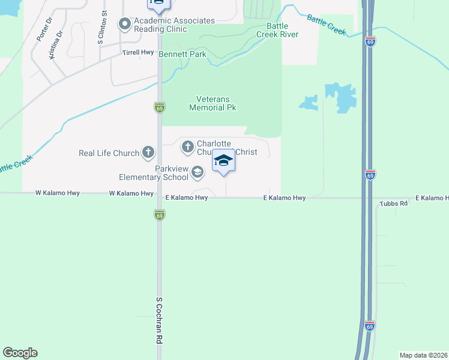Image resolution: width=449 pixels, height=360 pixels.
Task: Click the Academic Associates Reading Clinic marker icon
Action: coord(125,25)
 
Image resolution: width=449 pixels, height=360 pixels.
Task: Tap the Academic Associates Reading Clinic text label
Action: coord(174,25)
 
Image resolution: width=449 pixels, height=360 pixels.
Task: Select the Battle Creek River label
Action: coord(277,30)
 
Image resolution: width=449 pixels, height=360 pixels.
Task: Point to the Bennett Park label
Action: coord(182,54)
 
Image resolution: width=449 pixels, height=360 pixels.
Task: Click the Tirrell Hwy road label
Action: coord(138,53)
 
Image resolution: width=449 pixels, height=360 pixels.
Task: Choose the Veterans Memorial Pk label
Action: coord(213,103)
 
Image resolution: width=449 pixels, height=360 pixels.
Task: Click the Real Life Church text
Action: coord(109,153)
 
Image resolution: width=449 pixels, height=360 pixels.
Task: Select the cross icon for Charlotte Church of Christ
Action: coord(187,146)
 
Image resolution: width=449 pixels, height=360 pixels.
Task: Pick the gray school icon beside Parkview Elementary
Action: coord(197,173)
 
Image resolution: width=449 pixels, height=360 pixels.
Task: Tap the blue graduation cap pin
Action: coord(223,161)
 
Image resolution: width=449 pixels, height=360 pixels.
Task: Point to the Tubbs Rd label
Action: coord(394,204)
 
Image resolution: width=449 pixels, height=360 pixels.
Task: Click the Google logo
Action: coord(20,353)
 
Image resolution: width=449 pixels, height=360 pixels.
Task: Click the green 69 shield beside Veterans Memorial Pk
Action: coord(159,107)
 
